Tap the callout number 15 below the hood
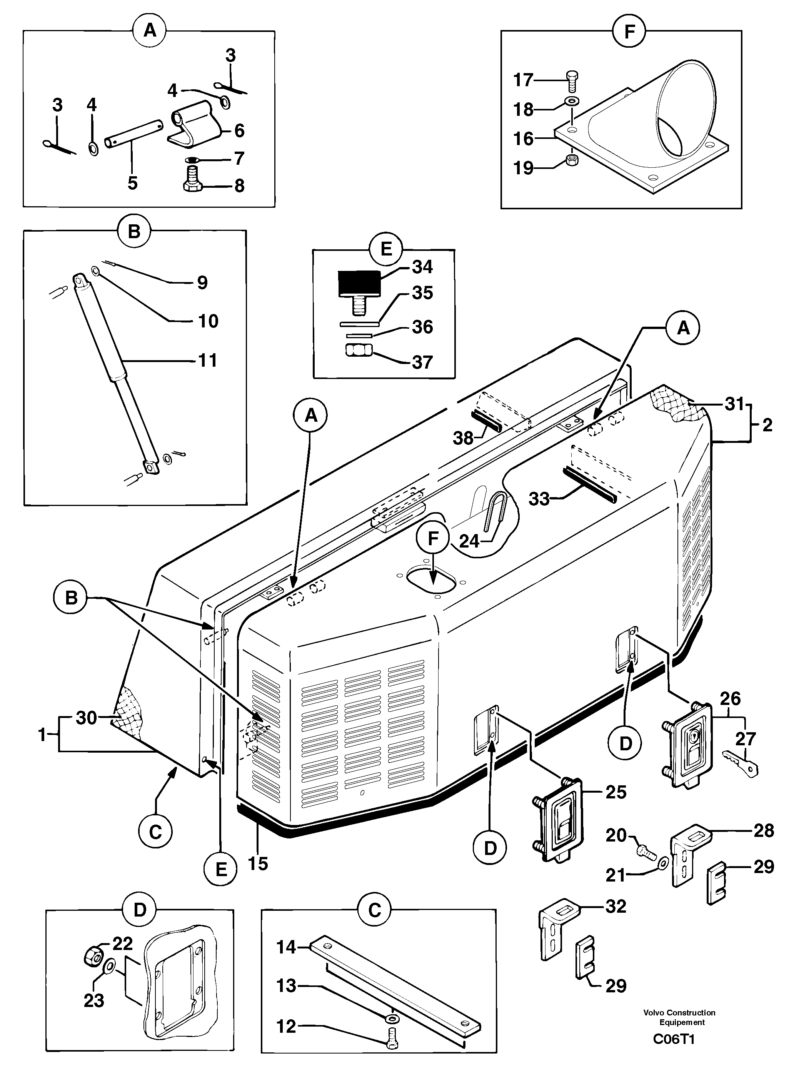pos(258,864)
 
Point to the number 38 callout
pos(463,438)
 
